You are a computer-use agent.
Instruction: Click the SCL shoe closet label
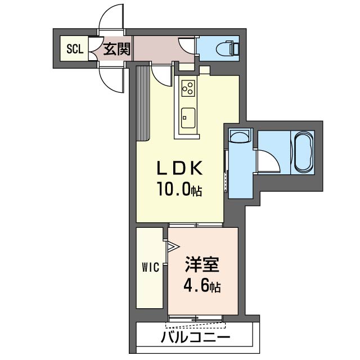(75, 49)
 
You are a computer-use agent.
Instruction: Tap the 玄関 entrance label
(117, 49)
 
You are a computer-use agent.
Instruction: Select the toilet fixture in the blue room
(227, 48)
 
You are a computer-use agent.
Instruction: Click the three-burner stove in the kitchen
(188, 88)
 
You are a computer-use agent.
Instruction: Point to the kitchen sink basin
(188, 118)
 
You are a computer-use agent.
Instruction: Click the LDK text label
(180, 168)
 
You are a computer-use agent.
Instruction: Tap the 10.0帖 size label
(179, 189)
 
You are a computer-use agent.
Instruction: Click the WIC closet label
(150, 268)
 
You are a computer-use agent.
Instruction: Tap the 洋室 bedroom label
(202, 264)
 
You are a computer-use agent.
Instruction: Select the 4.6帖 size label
(202, 286)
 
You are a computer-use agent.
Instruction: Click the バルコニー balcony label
(195, 337)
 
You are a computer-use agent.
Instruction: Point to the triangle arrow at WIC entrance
(173, 247)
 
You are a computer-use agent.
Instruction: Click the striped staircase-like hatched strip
(143, 103)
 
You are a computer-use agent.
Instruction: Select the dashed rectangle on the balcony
(195, 325)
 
